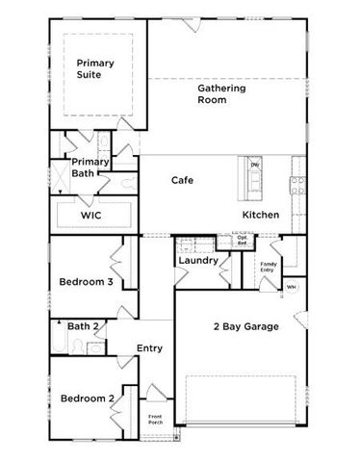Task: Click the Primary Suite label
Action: [x=96, y=70]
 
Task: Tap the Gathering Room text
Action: [x=222, y=93]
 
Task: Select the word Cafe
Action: [x=184, y=180]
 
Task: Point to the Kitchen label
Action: [x=261, y=215]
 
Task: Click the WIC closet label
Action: [x=90, y=216]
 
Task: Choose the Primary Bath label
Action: [x=90, y=167]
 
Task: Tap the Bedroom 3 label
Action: [x=88, y=282]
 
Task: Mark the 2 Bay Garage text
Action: [x=246, y=327]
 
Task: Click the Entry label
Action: [x=149, y=348]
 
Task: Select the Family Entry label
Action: [x=268, y=267]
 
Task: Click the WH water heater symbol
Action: [x=291, y=287]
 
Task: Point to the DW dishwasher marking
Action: [x=255, y=165]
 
